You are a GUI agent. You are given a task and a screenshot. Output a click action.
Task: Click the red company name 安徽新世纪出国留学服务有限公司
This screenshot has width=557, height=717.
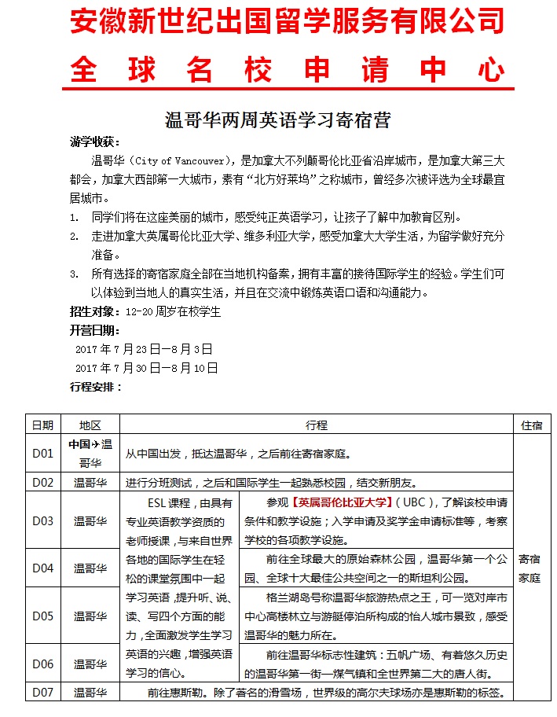[287, 22]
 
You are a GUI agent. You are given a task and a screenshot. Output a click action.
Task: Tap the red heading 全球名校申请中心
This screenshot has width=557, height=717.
[287, 69]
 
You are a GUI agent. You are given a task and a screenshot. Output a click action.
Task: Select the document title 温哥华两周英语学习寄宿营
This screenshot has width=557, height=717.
[277, 120]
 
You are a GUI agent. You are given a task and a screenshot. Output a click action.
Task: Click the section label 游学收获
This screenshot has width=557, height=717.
[93, 142]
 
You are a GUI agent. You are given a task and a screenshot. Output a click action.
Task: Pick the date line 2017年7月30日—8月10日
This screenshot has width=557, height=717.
[146, 367]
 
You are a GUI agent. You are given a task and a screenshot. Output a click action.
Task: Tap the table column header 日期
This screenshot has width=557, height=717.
[42, 425]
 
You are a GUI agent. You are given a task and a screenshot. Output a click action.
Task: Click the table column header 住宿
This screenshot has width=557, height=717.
[531, 425]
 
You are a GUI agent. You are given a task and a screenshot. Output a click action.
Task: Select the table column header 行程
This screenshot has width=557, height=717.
[317, 425]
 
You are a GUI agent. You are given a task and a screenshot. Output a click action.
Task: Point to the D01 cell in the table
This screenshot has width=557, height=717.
[42, 454]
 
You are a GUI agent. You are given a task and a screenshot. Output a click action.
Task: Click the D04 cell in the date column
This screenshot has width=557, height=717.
[42, 568]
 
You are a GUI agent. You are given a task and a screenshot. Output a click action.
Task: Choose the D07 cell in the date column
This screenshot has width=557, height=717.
[42, 693]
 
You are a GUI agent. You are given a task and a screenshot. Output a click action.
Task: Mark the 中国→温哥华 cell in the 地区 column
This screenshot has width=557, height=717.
[90, 453]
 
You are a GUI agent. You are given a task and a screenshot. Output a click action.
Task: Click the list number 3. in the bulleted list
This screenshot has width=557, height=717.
[74, 274]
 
